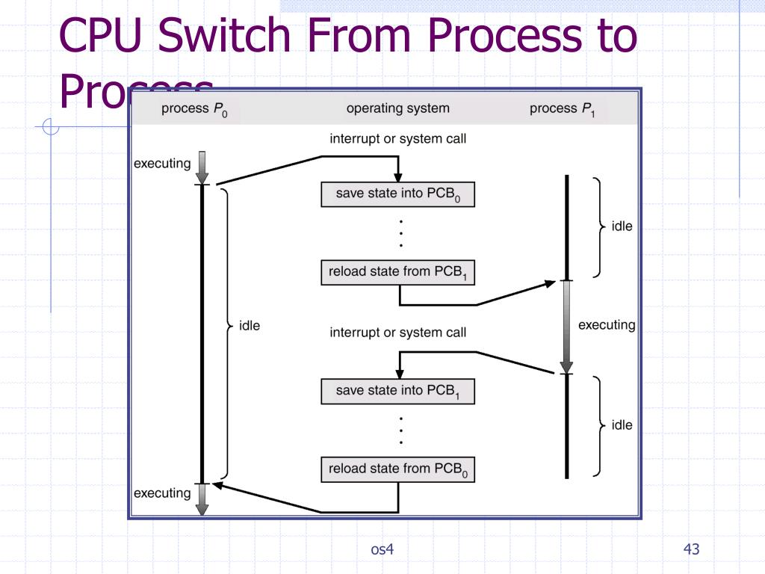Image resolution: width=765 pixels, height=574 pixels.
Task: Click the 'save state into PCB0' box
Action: tap(397, 194)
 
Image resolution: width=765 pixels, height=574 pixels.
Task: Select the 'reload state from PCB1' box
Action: tap(397, 273)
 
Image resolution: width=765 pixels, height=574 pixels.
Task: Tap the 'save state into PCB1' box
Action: tap(397, 392)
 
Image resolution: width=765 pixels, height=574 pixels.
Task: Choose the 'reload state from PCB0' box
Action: tap(397, 469)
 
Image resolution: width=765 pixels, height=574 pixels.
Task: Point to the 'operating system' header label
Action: tap(397, 108)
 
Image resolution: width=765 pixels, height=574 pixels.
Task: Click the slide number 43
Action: tap(691, 550)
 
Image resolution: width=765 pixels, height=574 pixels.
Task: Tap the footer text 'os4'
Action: tap(382, 550)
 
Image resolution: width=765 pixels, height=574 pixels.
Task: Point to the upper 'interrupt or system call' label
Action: tap(397, 139)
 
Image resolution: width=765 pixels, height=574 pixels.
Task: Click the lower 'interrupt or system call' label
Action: tap(397, 333)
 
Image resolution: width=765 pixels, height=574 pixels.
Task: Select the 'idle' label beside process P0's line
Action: tap(249, 326)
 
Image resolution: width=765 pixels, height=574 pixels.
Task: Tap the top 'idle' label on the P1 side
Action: tap(622, 226)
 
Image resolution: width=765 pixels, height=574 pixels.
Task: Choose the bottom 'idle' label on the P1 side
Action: tap(622, 425)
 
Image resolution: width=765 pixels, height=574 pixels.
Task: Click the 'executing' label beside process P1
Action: tap(606, 325)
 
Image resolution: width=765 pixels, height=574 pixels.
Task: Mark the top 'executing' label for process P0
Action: tap(162, 164)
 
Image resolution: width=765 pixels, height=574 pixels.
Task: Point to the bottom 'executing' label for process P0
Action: tap(162, 493)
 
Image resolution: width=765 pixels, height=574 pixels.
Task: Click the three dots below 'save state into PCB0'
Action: tap(401, 233)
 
